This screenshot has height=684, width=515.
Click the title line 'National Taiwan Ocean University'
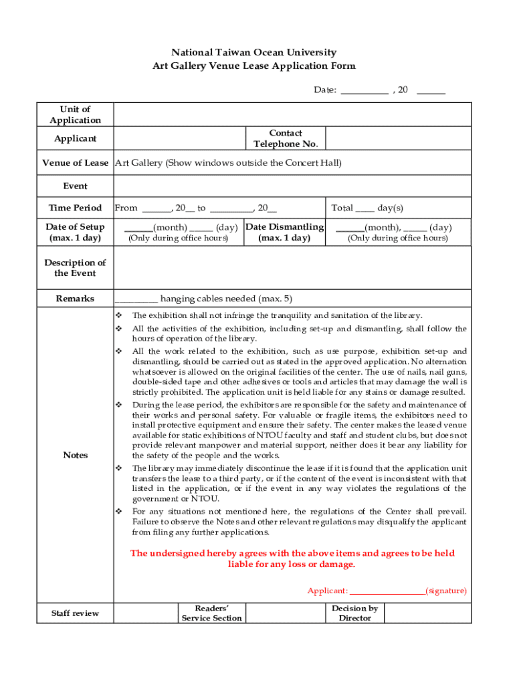[x=253, y=52]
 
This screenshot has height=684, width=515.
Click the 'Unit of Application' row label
[x=75, y=114]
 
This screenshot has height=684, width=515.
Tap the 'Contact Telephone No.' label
[x=286, y=138]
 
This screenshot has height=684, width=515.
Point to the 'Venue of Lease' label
[x=75, y=162]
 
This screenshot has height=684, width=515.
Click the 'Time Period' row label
[x=75, y=208]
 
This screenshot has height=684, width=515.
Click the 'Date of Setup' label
[x=75, y=232]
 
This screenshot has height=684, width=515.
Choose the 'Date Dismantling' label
[x=285, y=232]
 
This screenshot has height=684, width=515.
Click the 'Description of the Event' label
[x=75, y=267]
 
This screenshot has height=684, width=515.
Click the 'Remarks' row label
[x=75, y=299]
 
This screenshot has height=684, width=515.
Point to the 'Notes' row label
[x=75, y=455]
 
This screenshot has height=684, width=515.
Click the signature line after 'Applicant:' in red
[x=387, y=591]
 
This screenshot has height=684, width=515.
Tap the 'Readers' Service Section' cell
[x=211, y=613]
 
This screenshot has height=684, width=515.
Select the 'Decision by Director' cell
[x=354, y=613]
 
